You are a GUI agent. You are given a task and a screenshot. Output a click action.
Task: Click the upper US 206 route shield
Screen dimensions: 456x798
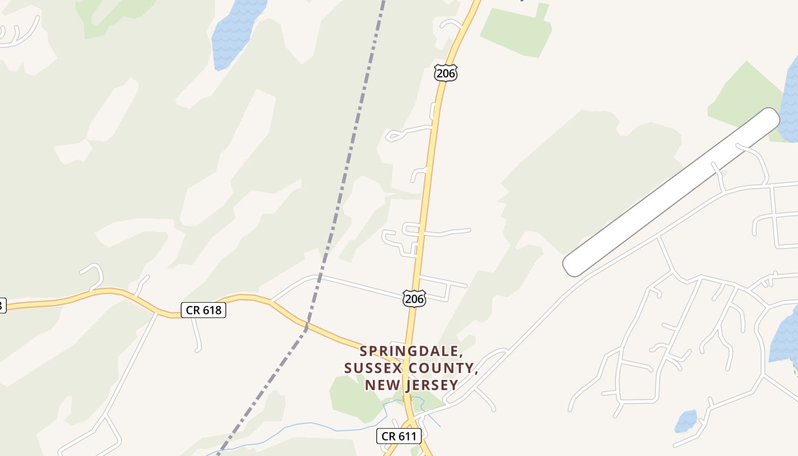pyautogui.click(x=445, y=72)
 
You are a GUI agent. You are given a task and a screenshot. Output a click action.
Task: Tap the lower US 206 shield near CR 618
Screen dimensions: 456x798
pyautogui.click(x=414, y=298)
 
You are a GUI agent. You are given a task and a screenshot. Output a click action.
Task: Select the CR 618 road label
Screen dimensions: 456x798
pyautogui.click(x=203, y=310)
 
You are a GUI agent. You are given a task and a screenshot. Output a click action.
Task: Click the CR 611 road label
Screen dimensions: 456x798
pyautogui.click(x=399, y=437)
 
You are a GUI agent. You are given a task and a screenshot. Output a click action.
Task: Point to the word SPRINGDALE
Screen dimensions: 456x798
pyautogui.click(x=409, y=351)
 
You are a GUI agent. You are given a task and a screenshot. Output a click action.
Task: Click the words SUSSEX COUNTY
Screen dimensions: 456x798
pyautogui.click(x=410, y=368)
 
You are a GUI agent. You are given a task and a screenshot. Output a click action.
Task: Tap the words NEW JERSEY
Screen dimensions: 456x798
pyautogui.click(x=411, y=385)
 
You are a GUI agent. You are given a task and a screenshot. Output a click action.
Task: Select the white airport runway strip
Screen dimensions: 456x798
pyautogui.click(x=671, y=192)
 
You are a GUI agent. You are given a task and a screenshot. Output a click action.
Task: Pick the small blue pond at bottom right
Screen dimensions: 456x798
pyautogui.click(x=686, y=422)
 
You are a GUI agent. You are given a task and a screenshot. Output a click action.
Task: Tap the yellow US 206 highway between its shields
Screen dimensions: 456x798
pyautogui.click(x=427, y=182)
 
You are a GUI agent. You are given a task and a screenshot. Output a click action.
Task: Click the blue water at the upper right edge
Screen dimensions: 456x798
pyautogui.click(x=791, y=103)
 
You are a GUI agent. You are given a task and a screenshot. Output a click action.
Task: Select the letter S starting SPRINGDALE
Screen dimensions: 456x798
pyautogui.click(x=364, y=351)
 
